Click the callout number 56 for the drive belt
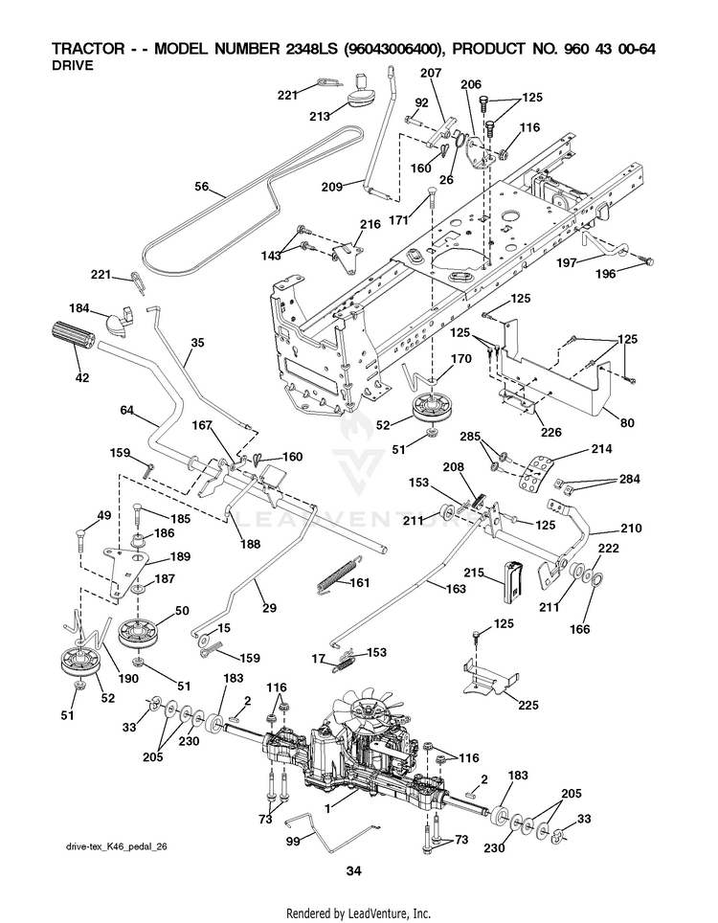click(202, 187)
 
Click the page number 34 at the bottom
click(353, 870)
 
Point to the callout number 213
click(320, 117)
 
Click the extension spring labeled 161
click(337, 573)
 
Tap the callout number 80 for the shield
click(627, 422)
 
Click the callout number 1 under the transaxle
click(327, 808)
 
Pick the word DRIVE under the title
click(73, 65)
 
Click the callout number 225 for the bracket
click(528, 705)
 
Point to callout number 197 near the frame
click(567, 263)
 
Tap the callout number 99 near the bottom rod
click(293, 842)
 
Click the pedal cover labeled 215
click(512, 582)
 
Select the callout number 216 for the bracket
click(370, 224)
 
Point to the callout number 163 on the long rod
click(456, 589)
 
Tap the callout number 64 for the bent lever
click(127, 411)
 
